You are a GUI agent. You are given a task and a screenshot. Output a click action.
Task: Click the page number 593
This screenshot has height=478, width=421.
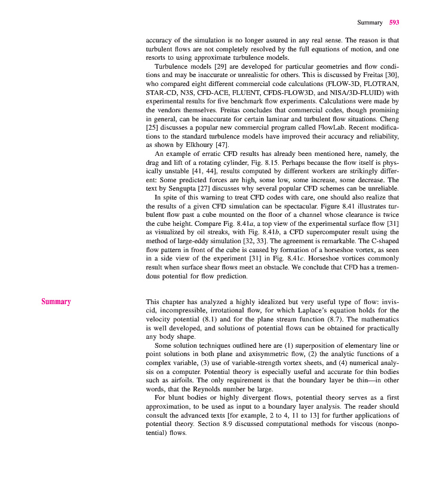394,23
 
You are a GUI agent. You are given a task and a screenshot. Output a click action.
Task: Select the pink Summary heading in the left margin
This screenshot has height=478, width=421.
56,302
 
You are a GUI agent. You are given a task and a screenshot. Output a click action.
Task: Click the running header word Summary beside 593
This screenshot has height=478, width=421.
370,23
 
